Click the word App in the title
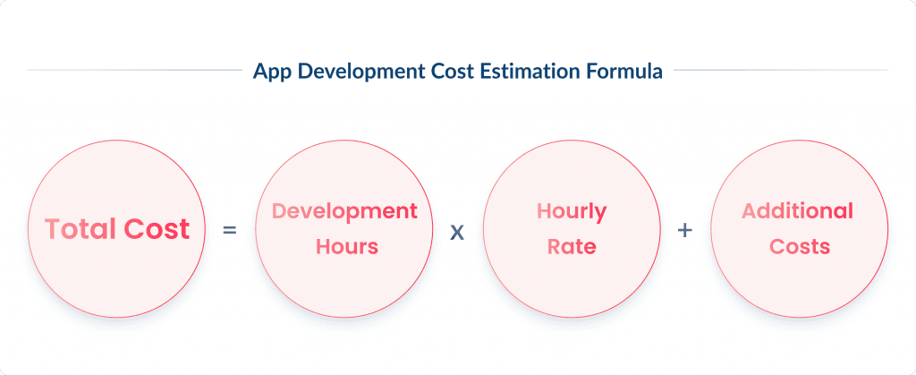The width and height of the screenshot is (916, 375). [271, 72]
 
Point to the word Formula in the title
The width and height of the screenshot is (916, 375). [623, 72]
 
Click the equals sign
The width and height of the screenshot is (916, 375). [230, 230]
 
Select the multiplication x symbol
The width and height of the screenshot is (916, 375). [457, 231]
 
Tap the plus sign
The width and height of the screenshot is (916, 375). [685, 230]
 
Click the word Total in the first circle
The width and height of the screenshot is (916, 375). [81, 229]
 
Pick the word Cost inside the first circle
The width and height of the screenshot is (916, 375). [157, 229]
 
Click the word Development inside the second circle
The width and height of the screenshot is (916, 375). [344, 212]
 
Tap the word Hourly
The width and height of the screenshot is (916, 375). [572, 212]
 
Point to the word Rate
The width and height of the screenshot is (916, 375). [572, 246]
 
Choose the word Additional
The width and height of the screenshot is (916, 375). [798, 212]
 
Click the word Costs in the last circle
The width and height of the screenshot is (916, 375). [799, 246]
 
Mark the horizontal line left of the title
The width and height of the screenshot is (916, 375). [134, 70]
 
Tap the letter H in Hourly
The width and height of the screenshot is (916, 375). [543, 212]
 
